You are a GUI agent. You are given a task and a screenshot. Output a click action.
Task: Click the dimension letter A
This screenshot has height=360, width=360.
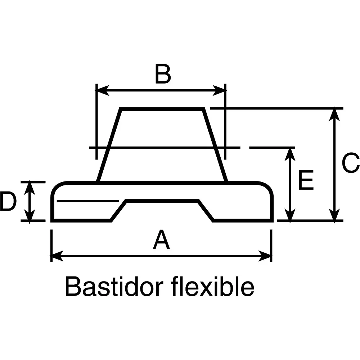pyautogui.click(x=161, y=240)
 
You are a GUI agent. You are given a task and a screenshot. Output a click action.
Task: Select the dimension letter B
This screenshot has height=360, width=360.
pyautogui.click(x=163, y=74)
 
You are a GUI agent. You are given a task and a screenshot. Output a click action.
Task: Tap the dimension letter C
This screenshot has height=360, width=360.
pyautogui.click(x=351, y=162)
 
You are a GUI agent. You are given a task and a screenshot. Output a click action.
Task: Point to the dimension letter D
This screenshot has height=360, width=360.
pyautogui.click(x=8, y=202)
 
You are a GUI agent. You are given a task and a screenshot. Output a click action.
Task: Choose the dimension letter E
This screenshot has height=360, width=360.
pyautogui.click(x=306, y=180)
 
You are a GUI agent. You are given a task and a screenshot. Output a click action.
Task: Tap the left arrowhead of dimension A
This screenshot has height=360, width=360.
pyautogui.click(x=57, y=256)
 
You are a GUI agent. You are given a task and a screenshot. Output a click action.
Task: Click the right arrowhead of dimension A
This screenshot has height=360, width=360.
pyautogui.click(x=265, y=256)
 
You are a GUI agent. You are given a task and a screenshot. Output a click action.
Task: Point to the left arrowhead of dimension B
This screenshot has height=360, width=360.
pyautogui.click(x=102, y=90)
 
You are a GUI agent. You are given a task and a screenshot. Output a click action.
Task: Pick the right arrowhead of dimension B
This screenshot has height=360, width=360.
pyautogui.click(x=219, y=90)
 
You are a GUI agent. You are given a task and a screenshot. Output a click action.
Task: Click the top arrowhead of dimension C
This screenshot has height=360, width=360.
pyautogui.click(x=334, y=114)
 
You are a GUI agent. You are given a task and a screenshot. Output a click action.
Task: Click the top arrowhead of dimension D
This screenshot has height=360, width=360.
pyautogui.click(x=30, y=188)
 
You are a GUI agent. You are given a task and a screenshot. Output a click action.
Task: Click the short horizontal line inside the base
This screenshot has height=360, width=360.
pyautogui.click(x=88, y=201)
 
